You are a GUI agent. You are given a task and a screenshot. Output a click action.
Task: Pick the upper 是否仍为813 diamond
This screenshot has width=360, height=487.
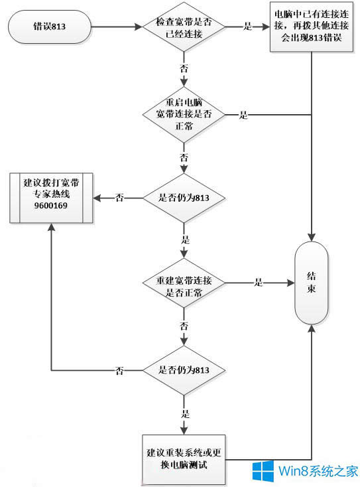coord(182,198)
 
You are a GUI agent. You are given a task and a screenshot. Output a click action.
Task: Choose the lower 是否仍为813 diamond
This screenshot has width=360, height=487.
coord(182,370)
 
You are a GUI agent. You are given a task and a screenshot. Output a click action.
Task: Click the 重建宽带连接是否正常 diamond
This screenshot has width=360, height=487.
coord(182,283)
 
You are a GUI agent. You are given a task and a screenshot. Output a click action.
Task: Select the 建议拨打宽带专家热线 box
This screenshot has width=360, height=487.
coord(50,198)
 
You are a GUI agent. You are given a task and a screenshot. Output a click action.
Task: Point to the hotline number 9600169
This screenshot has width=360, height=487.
coord(50,214)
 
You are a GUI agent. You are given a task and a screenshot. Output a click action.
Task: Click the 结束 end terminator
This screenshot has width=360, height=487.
coord(312,283)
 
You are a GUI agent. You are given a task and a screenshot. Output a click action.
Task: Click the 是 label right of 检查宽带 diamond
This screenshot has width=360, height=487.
coord(249,28)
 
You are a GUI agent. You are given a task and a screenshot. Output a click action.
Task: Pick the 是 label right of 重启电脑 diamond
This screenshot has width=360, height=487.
coord(243,115)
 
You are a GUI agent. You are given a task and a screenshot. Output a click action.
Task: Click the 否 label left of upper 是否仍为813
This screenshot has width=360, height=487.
coord(119,198)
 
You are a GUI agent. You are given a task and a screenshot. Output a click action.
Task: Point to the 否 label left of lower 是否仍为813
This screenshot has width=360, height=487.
coord(119,370)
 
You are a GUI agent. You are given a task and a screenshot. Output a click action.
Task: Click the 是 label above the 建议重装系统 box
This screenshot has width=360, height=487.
coord(185,413)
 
